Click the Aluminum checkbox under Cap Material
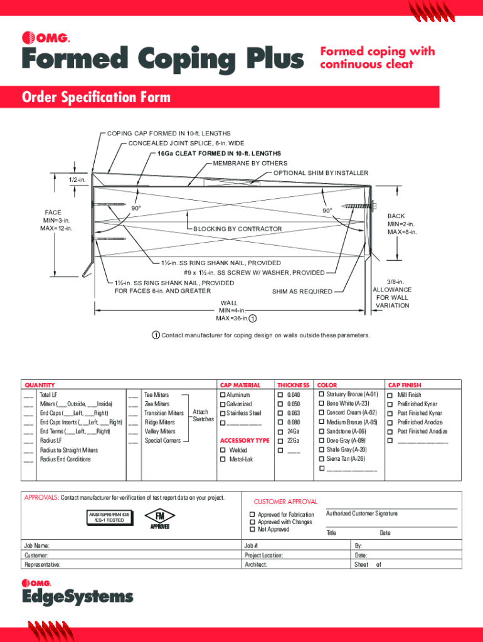pyautogui.click(x=222, y=395)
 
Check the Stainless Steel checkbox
pyautogui.click(x=222, y=413)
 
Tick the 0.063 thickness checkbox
pyautogui.click(x=280, y=413)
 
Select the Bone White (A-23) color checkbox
pyautogui.click(x=321, y=404)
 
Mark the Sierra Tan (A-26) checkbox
pyautogui.click(x=321, y=459)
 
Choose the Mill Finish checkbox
pyautogui.click(x=391, y=395)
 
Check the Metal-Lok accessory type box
pyautogui.click(x=222, y=460)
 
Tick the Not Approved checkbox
pyautogui.click(x=252, y=530)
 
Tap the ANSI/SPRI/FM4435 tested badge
pyautogui.click(x=110, y=517)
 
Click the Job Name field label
pyautogui.click(x=37, y=546)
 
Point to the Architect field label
pyautogui.click(x=256, y=565)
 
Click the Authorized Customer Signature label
pyautogui.click(x=361, y=513)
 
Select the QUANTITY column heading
pyautogui.click(x=40, y=385)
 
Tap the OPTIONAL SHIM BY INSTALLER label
pyautogui.click(x=321, y=173)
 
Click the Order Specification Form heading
pyautogui.click(x=96, y=97)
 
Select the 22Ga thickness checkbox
pyautogui.click(x=280, y=441)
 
